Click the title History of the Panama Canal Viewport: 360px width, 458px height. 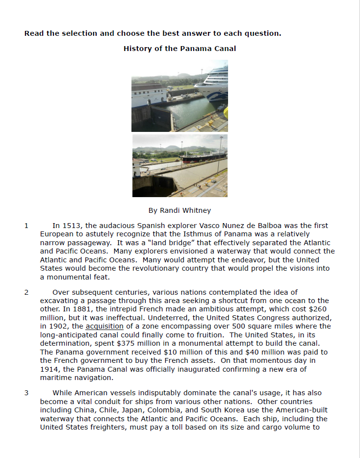[180, 49]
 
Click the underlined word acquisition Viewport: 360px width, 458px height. [104, 326]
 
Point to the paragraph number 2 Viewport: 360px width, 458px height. [26, 292]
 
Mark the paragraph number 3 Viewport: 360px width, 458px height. [26, 393]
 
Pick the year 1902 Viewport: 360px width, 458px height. [59, 326]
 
